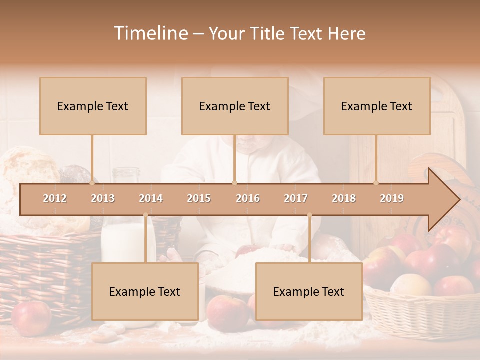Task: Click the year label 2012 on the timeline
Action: tap(55, 198)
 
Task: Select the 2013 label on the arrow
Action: tap(103, 198)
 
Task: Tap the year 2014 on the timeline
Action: tap(151, 198)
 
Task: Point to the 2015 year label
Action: tap(199, 198)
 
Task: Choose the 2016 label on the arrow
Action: tap(248, 198)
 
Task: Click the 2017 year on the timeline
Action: tap(296, 198)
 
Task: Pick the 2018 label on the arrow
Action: tap(344, 198)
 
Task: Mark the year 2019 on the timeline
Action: tap(392, 198)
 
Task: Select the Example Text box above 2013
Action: tap(93, 106)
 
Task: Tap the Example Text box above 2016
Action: tap(235, 106)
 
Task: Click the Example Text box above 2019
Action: tap(377, 106)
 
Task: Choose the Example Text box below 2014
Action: tap(145, 291)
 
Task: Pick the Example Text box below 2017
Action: tap(309, 291)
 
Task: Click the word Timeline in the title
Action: tap(150, 33)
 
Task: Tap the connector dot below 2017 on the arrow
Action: tap(309, 215)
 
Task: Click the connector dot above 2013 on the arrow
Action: tap(92, 183)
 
